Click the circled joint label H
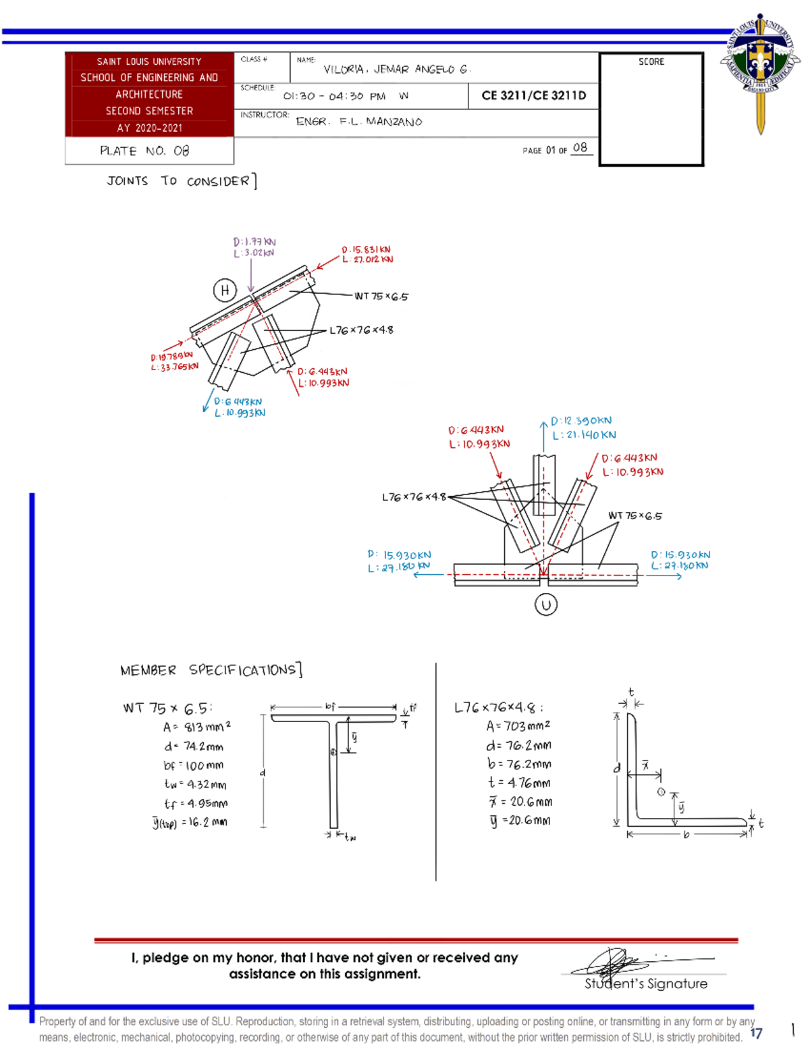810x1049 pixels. click(225, 290)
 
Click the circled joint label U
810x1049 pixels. click(545, 605)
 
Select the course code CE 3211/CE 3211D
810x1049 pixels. click(533, 96)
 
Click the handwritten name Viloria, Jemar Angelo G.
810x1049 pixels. click(396, 70)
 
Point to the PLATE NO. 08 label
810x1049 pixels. click(144, 151)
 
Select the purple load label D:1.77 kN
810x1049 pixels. click(254, 242)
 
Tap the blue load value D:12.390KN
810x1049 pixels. click(581, 421)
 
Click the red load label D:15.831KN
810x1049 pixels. click(366, 249)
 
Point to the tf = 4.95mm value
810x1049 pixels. click(196, 804)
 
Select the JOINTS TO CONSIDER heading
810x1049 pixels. click(181, 181)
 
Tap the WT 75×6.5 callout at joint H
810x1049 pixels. click(381, 296)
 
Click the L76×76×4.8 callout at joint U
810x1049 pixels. click(414, 497)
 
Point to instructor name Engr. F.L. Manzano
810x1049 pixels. click(359, 122)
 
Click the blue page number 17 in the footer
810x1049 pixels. click(756, 1033)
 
